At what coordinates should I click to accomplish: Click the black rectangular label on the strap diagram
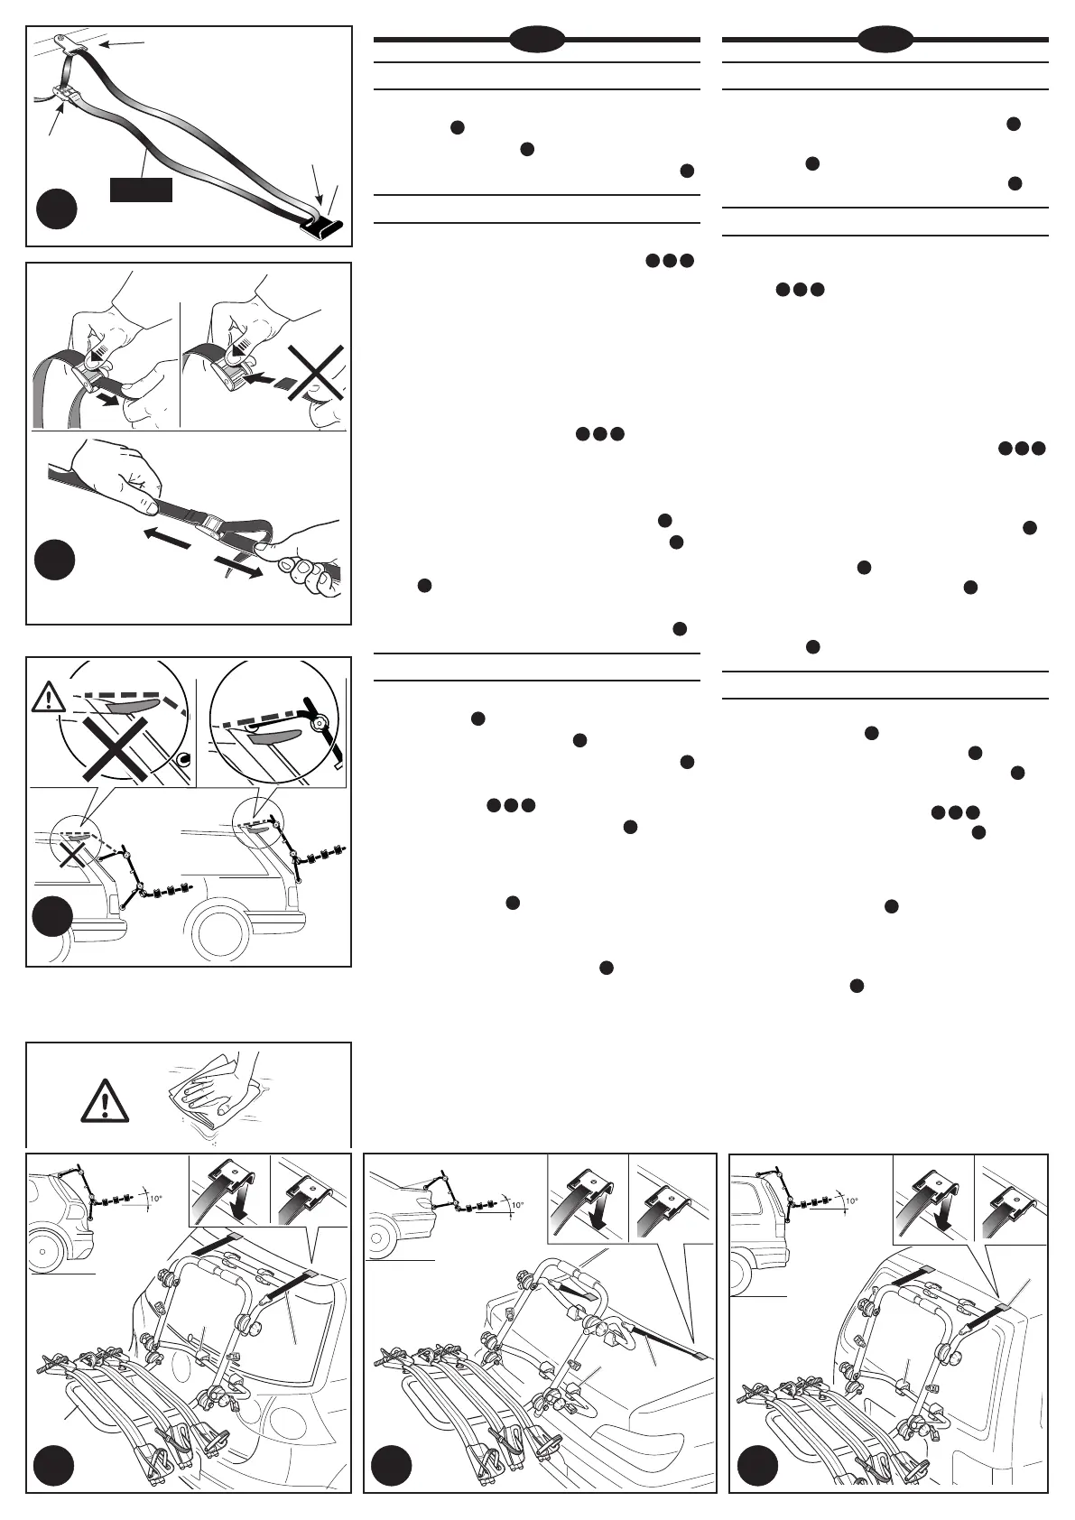click(x=140, y=190)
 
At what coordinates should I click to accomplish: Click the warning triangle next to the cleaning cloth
click(x=105, y=1101)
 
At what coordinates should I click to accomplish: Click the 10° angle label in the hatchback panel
click(x=155, y=1199)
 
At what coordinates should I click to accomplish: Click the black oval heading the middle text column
click(x=537, y=39)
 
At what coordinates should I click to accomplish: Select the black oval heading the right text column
click(x=885, y=39)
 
